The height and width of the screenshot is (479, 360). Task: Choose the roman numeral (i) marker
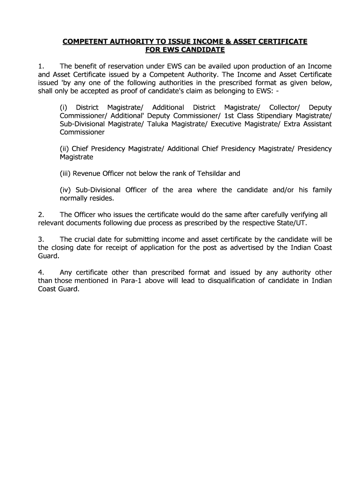(x=64, y=107)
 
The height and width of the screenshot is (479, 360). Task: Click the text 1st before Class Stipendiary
(x=229, y=116)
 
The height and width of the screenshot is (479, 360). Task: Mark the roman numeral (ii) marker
(x=65, y=149)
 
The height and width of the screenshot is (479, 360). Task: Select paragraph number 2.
(x=41, y=215)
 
